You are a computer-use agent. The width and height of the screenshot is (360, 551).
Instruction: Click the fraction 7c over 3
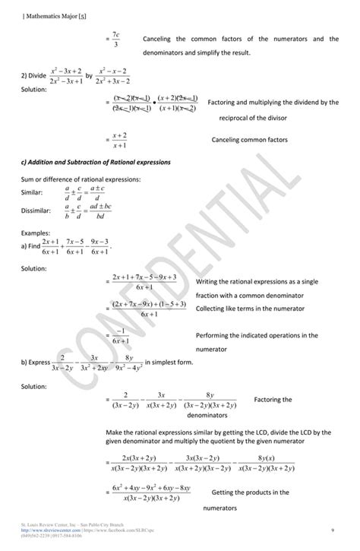click(x=115, y=40)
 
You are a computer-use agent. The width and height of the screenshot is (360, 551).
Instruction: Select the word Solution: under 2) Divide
click(x=34, y=90)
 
